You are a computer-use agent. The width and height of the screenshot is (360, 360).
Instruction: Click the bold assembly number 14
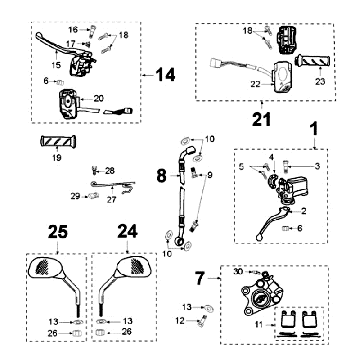165,75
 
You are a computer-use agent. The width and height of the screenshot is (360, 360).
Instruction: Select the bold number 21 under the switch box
262,119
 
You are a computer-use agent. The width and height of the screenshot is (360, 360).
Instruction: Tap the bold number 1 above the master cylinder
315,129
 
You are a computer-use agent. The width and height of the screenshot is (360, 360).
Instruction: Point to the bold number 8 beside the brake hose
161,175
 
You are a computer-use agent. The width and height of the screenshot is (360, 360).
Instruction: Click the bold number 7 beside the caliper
200,278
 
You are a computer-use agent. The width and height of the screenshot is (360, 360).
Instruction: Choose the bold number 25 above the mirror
58,232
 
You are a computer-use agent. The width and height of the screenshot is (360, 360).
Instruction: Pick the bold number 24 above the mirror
128,231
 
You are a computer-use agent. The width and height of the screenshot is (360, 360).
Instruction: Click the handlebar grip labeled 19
58,141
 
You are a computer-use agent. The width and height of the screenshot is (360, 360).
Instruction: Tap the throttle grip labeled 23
313,61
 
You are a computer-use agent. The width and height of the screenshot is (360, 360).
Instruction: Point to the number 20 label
99,98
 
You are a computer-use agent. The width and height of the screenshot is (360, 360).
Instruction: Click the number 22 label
256,85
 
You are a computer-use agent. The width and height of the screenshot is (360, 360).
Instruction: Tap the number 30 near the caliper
239,271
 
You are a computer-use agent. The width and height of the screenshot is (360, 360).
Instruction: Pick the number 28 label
109,171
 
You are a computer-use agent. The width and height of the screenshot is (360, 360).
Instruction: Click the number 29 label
75,196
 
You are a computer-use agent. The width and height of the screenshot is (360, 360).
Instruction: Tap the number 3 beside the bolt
317,166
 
